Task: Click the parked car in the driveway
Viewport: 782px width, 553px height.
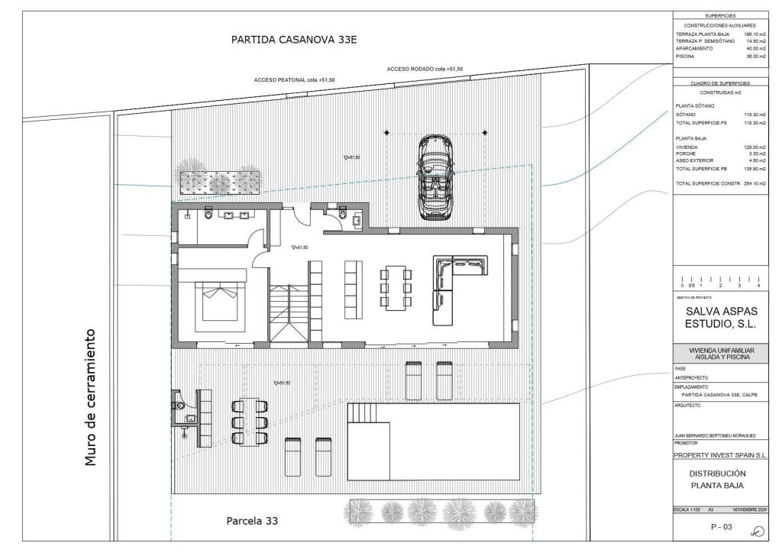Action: (435, 178)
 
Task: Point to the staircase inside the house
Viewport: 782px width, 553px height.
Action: (288, 313)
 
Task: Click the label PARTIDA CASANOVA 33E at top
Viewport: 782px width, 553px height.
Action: (294, 40)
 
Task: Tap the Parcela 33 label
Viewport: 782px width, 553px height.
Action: (252, 521)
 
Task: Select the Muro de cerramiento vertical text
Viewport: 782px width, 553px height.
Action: (91, 397)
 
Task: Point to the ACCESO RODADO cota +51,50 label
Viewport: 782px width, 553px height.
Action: (425, 70)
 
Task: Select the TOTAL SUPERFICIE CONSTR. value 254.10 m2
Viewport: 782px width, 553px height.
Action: (755, 184)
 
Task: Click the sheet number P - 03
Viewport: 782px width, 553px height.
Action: (721, 526)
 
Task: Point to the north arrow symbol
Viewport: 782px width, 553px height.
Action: (758, 532)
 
